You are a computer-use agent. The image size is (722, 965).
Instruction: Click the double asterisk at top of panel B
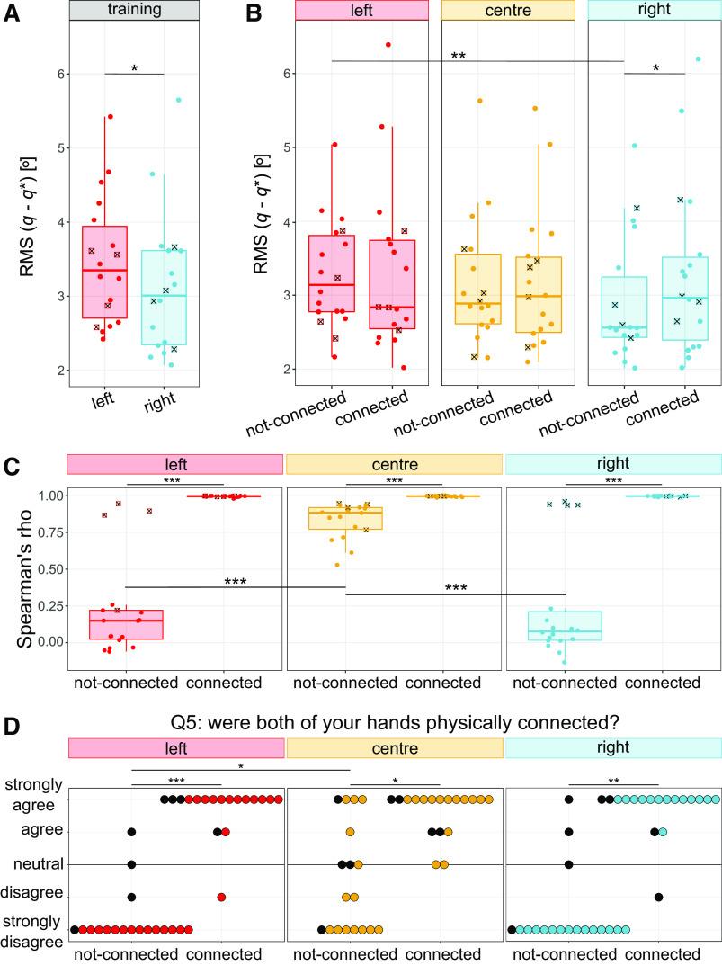click(458, 56)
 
